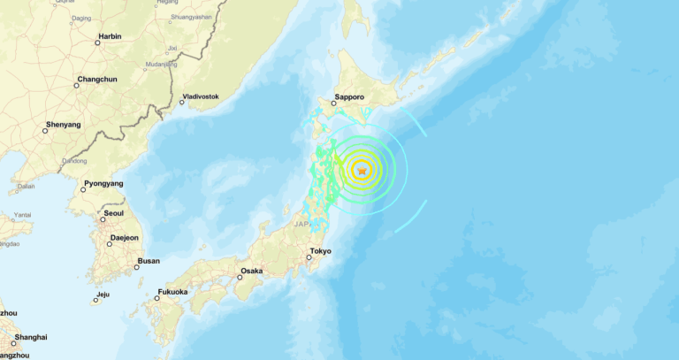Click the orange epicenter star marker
point(361,169)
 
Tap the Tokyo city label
point(320,251)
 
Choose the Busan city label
point(149,261)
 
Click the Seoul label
point(113,213)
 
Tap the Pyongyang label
point(103,184)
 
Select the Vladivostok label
point(200,96)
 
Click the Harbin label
point(110,36)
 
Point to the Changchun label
point(97,80)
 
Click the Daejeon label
point(124,238)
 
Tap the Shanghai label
point(30,337)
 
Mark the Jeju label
point(103,295)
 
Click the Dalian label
point(27,187)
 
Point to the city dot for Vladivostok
point(183,102)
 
